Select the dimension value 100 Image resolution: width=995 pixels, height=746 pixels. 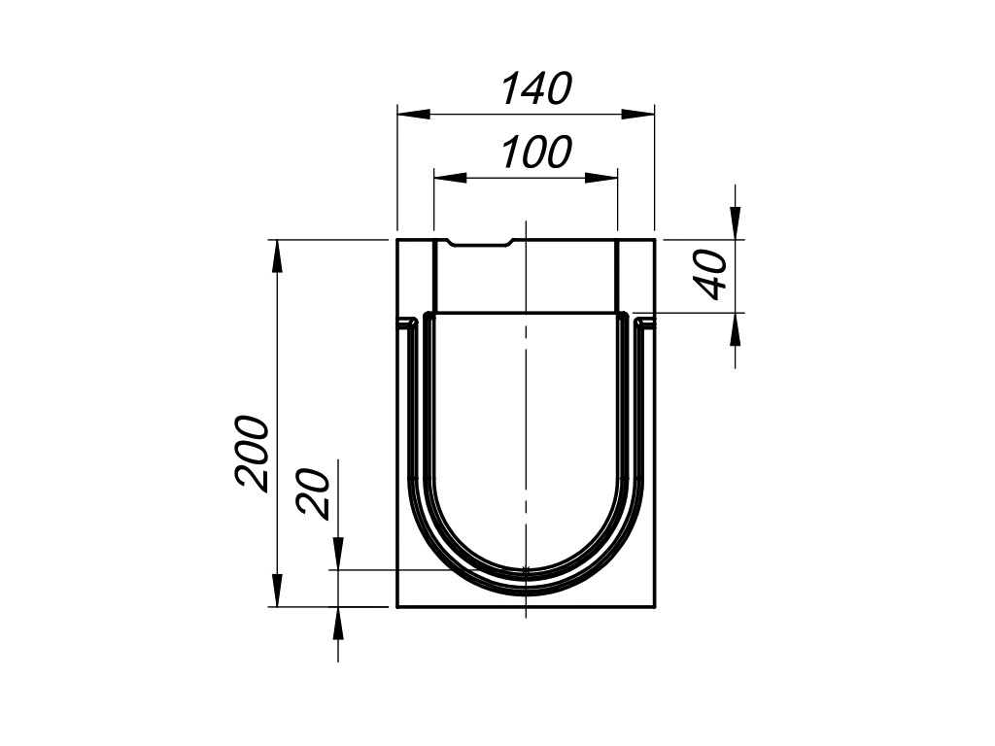(536, 153)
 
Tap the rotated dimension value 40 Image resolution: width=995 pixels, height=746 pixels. (713, 275)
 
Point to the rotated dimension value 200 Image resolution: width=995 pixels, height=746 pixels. (252, 453)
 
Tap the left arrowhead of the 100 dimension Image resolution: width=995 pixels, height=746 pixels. (449, 178)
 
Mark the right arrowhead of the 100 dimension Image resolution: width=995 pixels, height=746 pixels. (602, 178)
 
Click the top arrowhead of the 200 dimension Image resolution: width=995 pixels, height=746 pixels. (277, 255)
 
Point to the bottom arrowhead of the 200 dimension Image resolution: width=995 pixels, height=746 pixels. (277, 591)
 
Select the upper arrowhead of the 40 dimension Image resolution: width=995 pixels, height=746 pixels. (735, 223)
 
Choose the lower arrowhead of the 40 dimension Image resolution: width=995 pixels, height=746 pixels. (735, 328)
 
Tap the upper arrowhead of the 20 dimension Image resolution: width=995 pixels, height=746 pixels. (337, 555)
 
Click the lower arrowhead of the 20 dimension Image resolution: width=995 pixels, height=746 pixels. (337, 623)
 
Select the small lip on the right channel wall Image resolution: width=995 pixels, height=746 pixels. (644, 321)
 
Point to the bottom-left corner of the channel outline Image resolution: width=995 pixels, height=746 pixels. (397, 607)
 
